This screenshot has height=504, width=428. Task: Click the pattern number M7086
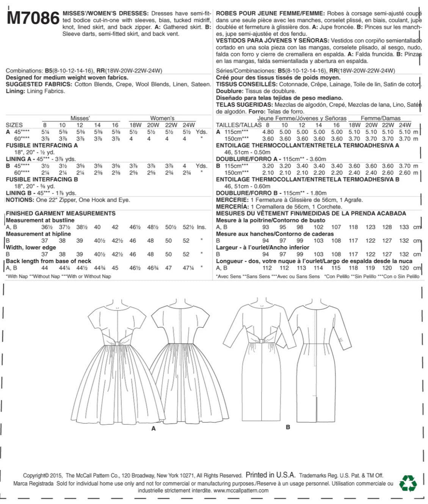pyautogui.click(x=33, y=18)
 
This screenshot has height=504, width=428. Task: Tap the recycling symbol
pyautogui.click(x=408, y=483)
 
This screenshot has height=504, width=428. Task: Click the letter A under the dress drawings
pyautogui.click(x=154, y=428)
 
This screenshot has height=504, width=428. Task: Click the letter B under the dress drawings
pyautogui.click(x=288, y=427)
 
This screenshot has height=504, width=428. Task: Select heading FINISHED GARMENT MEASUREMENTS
pyautogui.click(x=61, y=214)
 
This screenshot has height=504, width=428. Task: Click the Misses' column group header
pyautogui.click(x=80, y=118)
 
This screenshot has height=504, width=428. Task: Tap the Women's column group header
pyautogui.click(x=162, y=118)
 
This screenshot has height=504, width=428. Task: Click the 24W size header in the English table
pyautogui.click(x=188, y=125)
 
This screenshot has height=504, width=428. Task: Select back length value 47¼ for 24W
pyautogui.click(x=188, y=268)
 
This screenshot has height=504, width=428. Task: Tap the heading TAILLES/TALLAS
pyautogui.click(x=239, y=125)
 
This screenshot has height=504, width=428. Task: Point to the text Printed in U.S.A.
pyautogui.click(x=270, y=475)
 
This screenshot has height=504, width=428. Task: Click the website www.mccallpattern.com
pyautogui.click(x=241, y=490)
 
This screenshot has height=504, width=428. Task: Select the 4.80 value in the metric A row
pyautogui.click(x=268, y=132)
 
